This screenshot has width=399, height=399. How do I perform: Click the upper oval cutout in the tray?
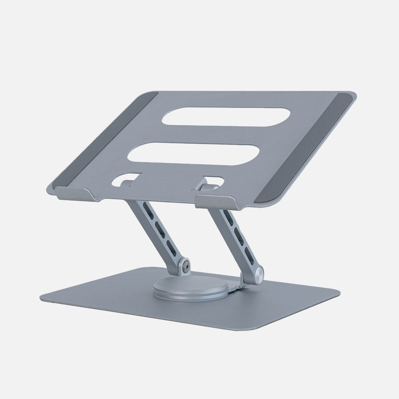tap(225, 117)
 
